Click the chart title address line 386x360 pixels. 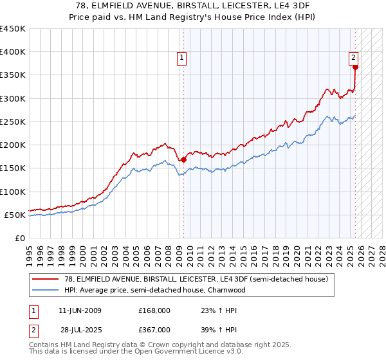[x=193, y=6]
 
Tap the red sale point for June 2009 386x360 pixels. [x=183, y=159]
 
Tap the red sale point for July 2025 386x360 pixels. [x=355, y=67]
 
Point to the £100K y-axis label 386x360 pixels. [x=13, y=192]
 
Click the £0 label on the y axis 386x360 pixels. [x=19, y=239]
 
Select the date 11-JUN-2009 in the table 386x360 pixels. [x=80, y=310]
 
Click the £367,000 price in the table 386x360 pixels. [x=154, y=329]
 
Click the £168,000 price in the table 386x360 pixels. [x=154, y=310]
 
